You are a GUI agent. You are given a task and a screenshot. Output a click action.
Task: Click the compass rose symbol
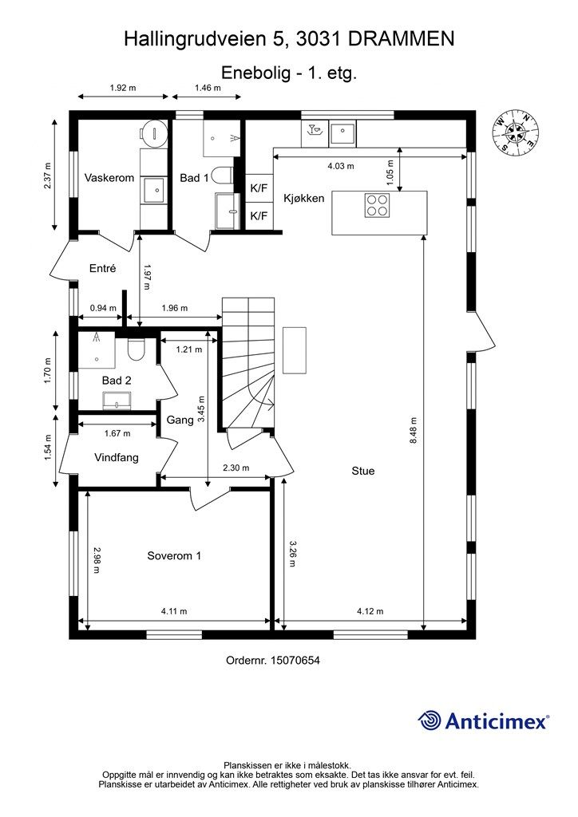click(x=516, y=132)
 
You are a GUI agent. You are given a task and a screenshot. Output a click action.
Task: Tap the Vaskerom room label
click(x=109, y=178)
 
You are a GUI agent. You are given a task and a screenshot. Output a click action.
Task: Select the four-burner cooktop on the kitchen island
click(x=378, y=205)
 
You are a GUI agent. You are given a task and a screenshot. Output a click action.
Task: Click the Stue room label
click(x=362, y=471)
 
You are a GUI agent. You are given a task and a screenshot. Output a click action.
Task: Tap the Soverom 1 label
click(x=174, y=556)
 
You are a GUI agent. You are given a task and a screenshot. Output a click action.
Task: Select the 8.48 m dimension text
click(x=414, y=430)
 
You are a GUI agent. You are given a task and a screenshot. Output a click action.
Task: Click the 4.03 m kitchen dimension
click(x=341, y=166)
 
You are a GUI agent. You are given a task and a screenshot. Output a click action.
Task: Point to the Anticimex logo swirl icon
click(x=430, y=720)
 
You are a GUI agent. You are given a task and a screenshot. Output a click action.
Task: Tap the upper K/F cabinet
click(x=259, y=188)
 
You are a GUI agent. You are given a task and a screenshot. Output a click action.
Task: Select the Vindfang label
click(x=117, y=458)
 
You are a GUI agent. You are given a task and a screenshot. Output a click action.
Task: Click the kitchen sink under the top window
click(x=342, y=133)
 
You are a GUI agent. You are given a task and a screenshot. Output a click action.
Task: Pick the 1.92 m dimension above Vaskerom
click(x=123, y=88)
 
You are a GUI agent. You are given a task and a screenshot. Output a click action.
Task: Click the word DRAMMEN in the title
click(x=401, y=39)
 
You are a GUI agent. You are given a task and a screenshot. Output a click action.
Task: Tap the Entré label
click(x=103, y=269)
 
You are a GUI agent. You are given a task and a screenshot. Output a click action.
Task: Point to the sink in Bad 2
click(x=117, y=401)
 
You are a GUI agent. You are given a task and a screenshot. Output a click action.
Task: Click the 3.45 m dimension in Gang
click(x=202, y=409)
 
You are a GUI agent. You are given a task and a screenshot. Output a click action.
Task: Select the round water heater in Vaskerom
click(x=153, y=131)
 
